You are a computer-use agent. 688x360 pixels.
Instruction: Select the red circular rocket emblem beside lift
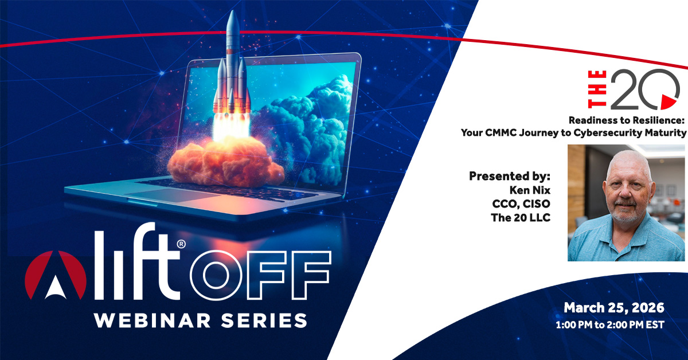(x=56, y=275)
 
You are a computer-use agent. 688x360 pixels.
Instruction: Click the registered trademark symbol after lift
(x=181, y=244)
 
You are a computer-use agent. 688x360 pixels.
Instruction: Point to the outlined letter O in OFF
(x=216, y=275)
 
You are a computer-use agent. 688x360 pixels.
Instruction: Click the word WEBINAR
(x=153, y=320)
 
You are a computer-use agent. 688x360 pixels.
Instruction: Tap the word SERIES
(x=264, y=320)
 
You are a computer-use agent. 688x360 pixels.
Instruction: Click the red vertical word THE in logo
(x=597, y=89)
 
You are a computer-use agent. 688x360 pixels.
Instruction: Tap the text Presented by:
(x=510, y=176)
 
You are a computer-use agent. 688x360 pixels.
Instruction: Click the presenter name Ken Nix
(x=530, y=190)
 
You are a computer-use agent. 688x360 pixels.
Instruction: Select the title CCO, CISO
(x=521, y=204)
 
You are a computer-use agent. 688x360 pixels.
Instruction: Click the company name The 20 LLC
(x=521, y=217)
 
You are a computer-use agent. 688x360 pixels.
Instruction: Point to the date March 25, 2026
(x=614, y=308)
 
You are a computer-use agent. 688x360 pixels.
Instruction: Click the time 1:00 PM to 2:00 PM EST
(x=610, y=324)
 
